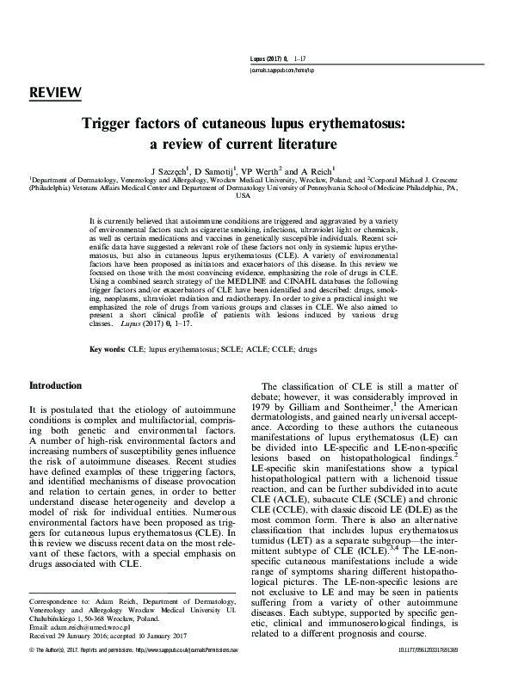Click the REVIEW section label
(55, 92)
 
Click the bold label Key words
(108, 351)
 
